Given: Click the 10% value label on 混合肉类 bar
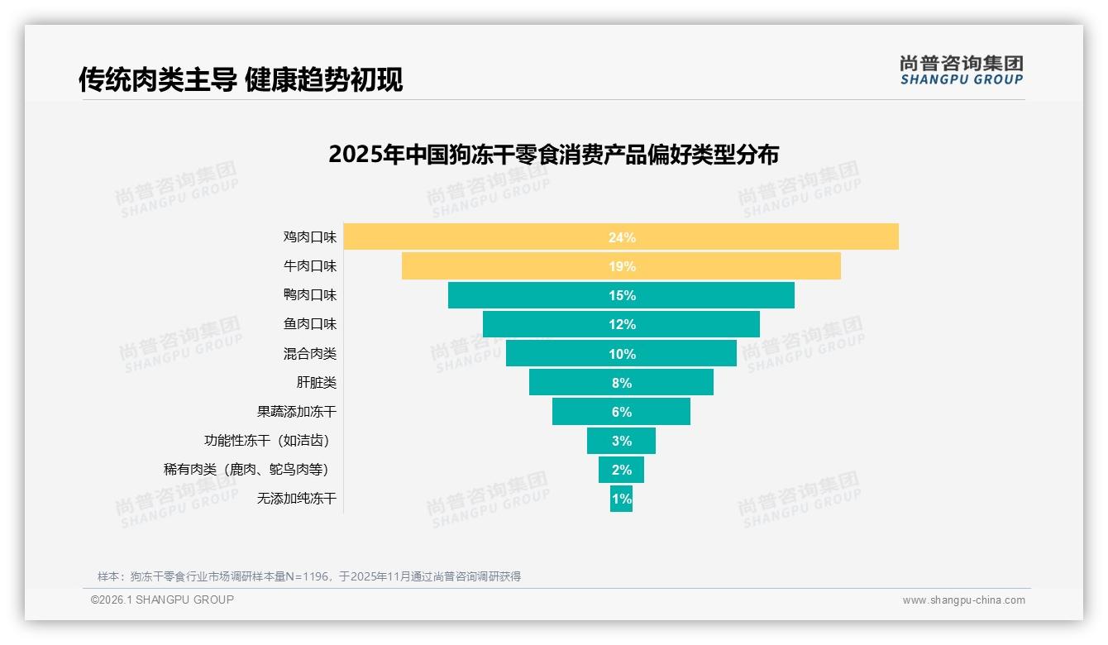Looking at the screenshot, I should [622, 354].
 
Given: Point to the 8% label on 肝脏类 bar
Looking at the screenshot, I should [622, 383].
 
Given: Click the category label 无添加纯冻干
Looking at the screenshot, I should [297, 499].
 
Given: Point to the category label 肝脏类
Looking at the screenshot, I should [317, 383].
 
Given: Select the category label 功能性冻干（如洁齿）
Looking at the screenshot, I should [272, 441].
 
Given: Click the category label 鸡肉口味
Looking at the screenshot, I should [310, 237].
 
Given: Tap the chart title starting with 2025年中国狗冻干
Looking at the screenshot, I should [553, 155].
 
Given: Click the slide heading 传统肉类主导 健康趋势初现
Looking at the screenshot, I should [241, 80].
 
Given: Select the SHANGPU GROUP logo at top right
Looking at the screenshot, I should [961, 70].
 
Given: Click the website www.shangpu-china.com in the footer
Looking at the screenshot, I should [963, 600].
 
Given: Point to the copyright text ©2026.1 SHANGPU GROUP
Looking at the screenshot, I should [162, 600].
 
